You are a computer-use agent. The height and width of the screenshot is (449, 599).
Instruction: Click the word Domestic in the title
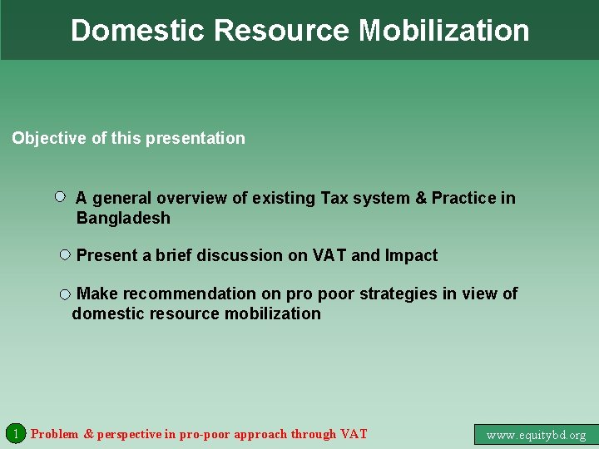pos(138,31)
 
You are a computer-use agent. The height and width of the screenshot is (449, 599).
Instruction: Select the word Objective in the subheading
pos(49,139)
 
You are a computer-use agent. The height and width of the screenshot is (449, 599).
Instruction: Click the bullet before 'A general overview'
pos(60,197)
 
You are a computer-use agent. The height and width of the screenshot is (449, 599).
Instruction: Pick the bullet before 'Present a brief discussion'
pos(65,254)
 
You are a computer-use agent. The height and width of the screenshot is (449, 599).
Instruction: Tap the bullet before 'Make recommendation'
pos(65,294)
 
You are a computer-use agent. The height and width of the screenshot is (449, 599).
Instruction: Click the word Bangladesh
pos(123,219)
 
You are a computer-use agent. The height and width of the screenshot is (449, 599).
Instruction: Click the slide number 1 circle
pos(15,433)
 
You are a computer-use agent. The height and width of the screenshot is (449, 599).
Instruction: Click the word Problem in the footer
pos(55,434)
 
